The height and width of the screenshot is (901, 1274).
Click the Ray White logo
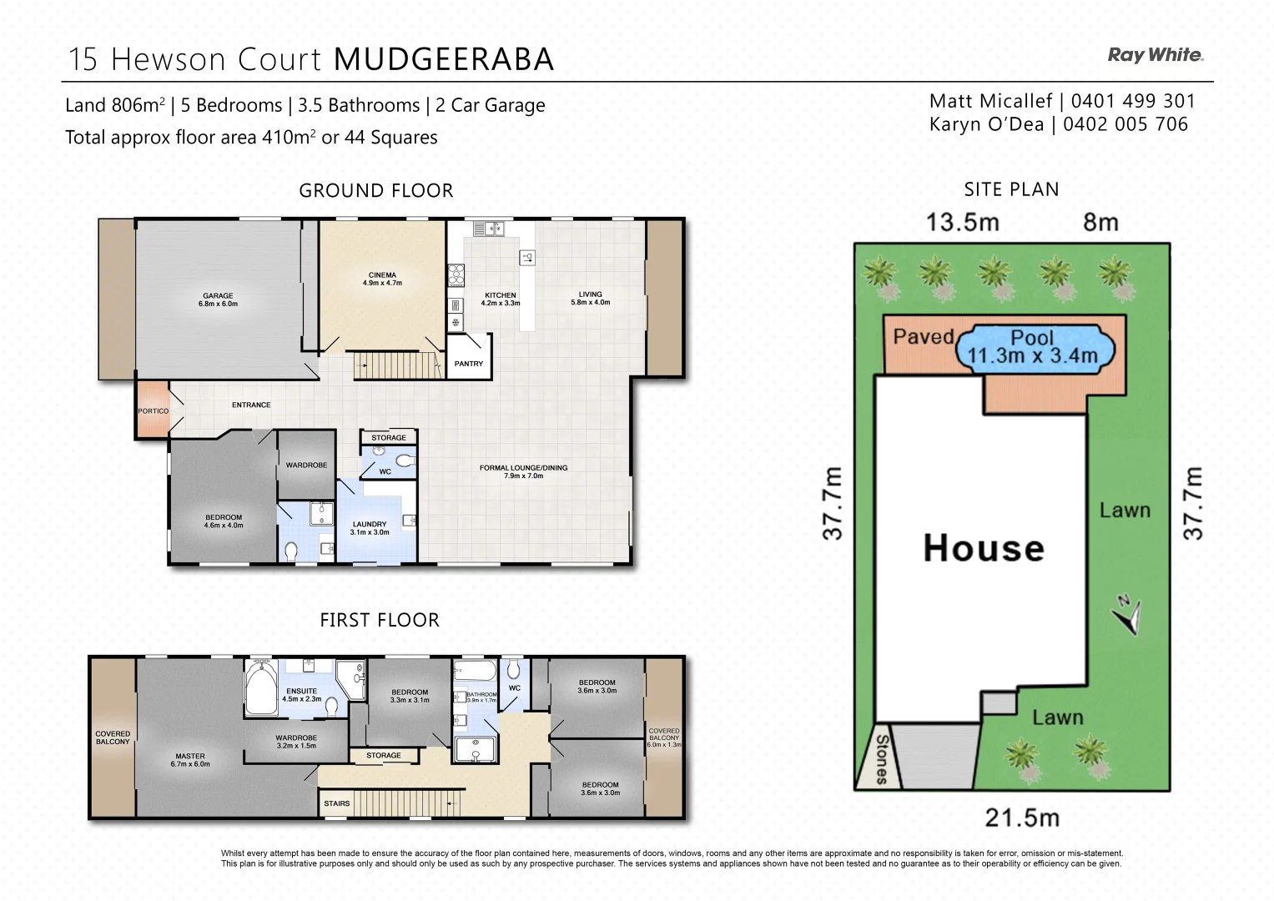point(1155,55)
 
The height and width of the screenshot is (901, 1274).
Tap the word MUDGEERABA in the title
point(444,59)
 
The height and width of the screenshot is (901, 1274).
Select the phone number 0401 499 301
point(1133,101)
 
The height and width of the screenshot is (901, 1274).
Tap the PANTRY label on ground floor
point(469,364)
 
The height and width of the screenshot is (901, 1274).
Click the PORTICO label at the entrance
point(153,411)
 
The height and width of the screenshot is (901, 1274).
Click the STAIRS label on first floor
point(337,803)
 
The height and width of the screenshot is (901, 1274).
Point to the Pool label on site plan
point(1032,338)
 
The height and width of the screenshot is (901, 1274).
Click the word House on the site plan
point(984,548)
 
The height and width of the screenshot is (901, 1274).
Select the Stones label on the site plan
point(882,759)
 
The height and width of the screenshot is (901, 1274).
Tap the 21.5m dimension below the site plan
point(1022,818)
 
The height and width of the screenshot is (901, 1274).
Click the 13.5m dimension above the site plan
point(962,223)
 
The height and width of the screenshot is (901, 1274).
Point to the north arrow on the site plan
point(1127,615)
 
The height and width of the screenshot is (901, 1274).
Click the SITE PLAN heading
point(1011,189)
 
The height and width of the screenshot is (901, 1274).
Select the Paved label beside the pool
point(923,336)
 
